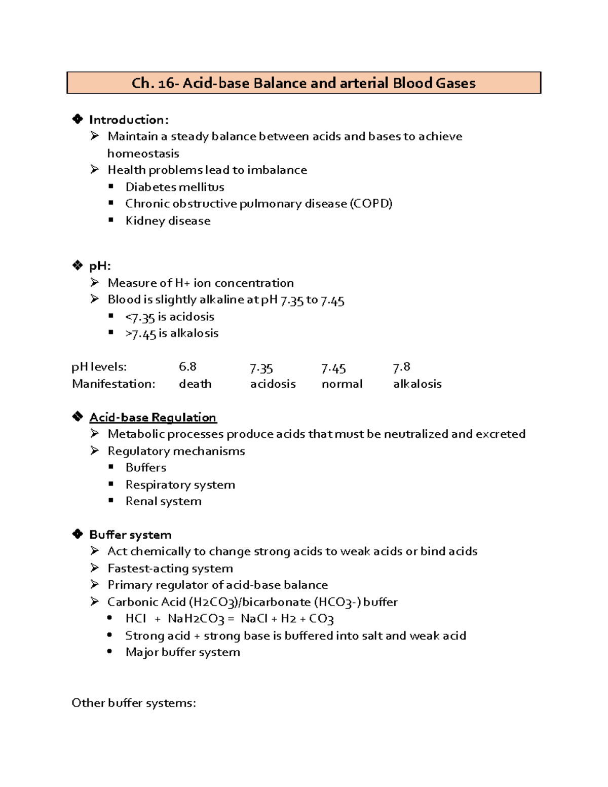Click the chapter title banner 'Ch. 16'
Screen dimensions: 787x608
point(303,83)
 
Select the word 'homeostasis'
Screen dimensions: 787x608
point(143,154)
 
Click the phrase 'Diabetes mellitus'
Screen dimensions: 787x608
point(175,187)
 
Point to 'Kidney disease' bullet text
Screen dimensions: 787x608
point(168,221)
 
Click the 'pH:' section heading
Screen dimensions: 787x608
point(100,266)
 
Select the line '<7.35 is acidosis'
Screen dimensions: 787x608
point(170,317)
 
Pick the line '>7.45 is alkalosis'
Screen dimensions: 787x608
point(172,334)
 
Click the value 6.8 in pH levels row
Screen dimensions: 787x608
point(187,367)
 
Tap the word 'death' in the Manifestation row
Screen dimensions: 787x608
point(195,384)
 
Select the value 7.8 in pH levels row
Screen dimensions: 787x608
point(401,367)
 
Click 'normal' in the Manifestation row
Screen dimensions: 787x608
point(342,384)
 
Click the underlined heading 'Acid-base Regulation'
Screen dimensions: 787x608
point(153,418)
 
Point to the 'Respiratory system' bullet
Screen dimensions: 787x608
point(180,485)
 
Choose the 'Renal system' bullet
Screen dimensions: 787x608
point(163,502)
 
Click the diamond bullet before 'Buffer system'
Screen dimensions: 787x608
point(78,534)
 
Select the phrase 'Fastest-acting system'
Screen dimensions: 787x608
point(170,569)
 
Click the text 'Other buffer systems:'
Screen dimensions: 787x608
point(134,703)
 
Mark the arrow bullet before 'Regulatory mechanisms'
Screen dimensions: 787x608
point(95,451)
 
